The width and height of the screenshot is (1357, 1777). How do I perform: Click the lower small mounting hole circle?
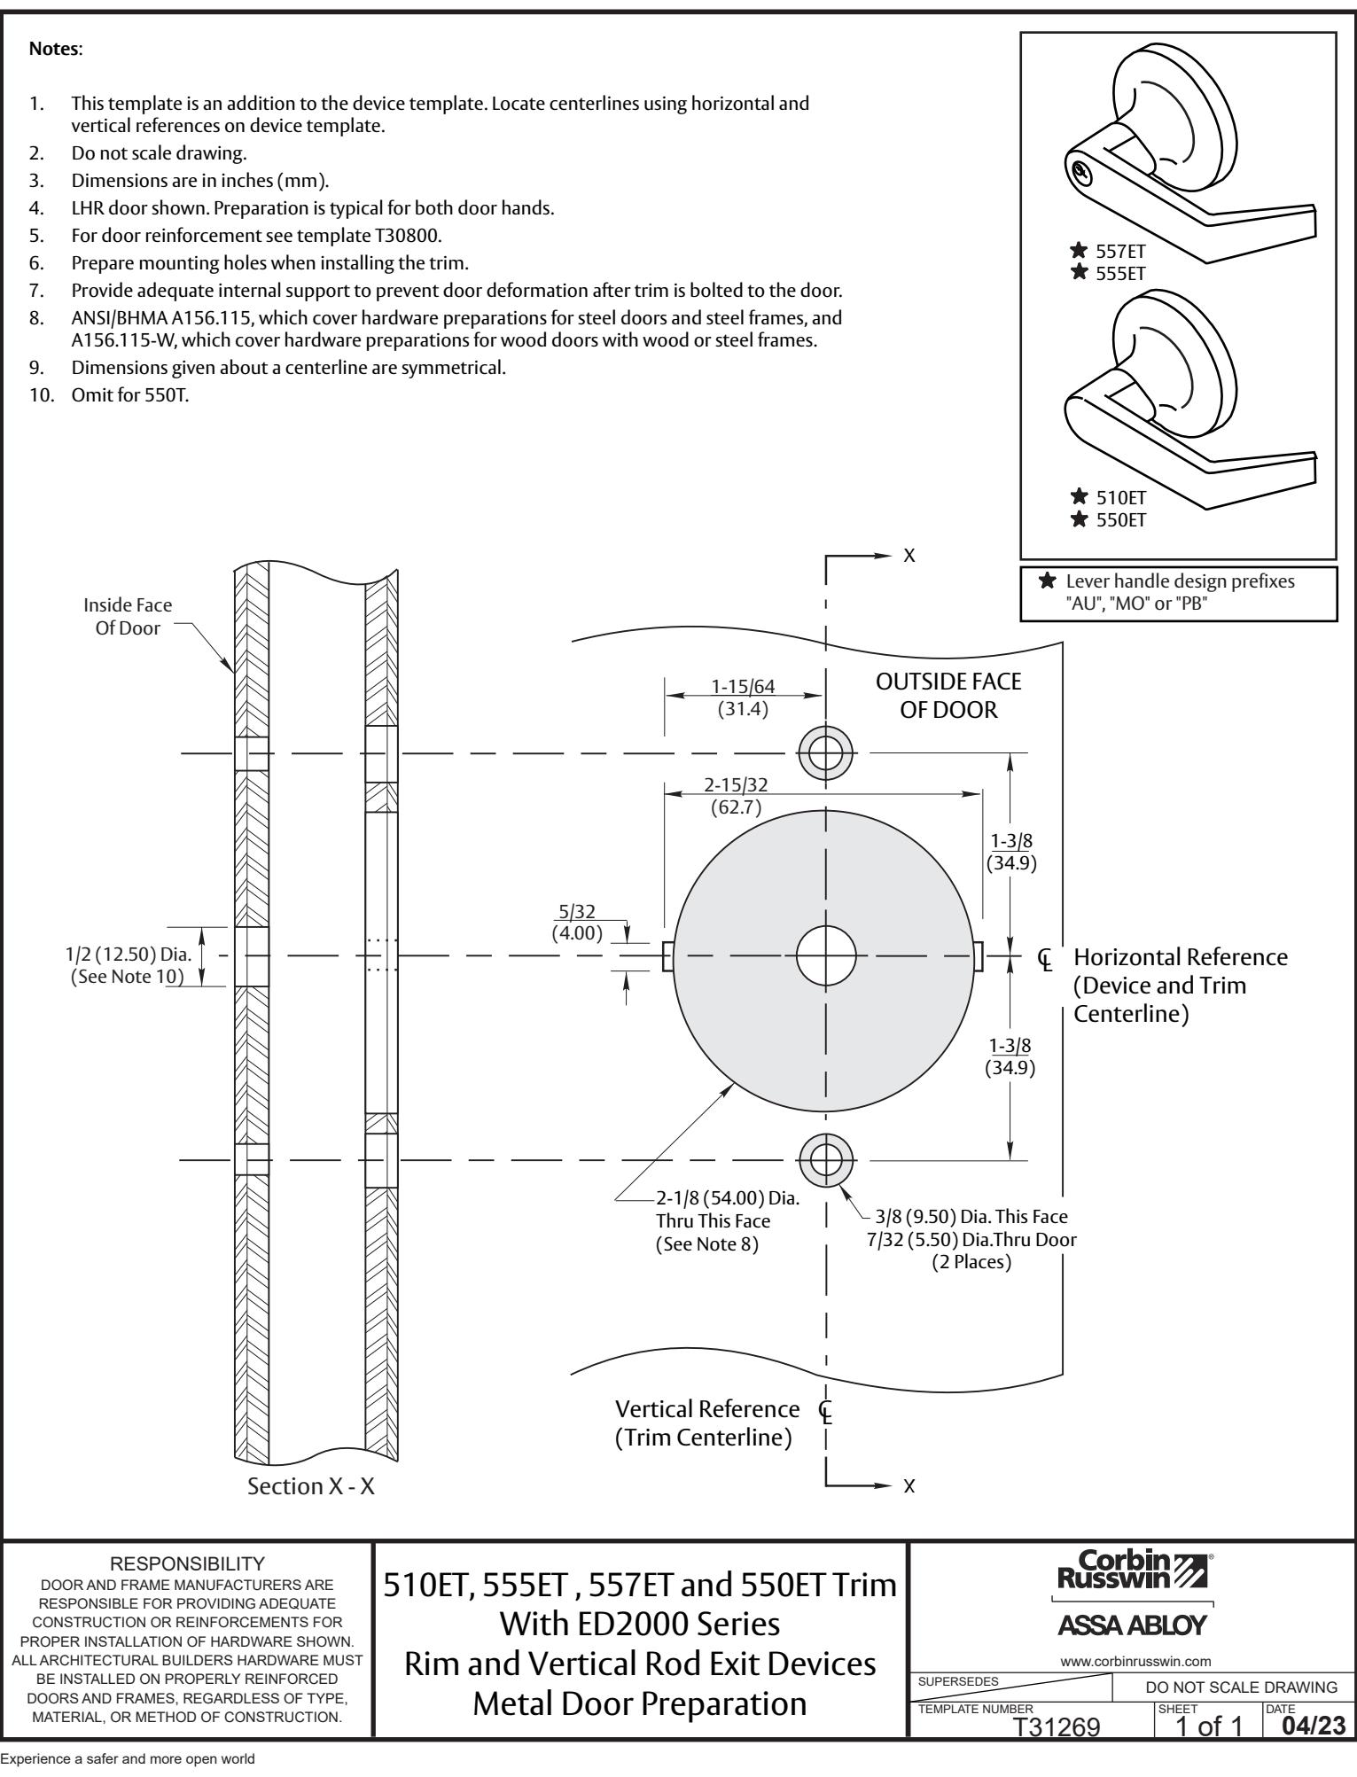pos(825,1158)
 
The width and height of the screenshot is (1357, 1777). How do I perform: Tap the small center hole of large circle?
pos(826,955)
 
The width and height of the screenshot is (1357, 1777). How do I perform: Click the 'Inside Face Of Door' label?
pos(128,616)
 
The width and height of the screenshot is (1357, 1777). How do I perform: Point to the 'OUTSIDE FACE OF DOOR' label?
pos(948,695)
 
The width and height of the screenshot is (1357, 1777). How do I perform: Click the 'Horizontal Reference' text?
pos(1180,957)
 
